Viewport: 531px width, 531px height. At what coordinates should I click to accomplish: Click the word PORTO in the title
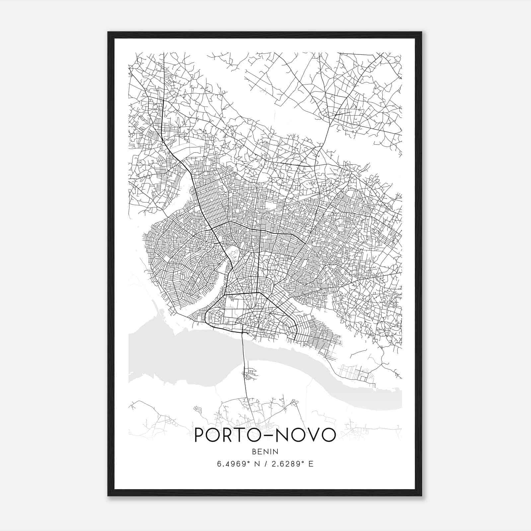point(225,435)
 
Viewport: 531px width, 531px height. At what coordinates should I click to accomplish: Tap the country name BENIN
point(265,452)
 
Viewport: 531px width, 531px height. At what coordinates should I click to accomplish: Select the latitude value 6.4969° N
point(237,464)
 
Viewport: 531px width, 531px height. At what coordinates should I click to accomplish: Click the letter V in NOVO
point(310,435)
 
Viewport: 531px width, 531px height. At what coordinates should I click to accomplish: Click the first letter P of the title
point(200,435)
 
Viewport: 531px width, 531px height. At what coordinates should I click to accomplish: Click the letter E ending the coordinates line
point(311,464)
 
